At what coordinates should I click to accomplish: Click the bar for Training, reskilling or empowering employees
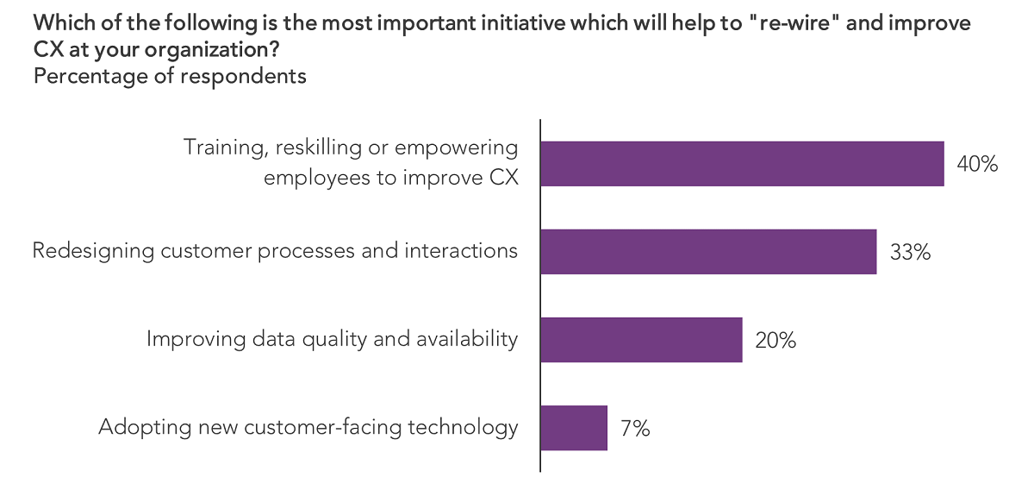(742, 164)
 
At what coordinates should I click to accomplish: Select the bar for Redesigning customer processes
(708, 252)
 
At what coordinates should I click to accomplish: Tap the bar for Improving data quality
(641, 340)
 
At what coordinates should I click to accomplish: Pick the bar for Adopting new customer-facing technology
(574, 428)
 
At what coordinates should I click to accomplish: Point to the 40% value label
(977, 164)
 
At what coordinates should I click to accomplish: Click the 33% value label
(910, 252)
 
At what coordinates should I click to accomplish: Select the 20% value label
(775, 340)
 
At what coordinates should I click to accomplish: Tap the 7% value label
(635, 428)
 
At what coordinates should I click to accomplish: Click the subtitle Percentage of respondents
(170, 76)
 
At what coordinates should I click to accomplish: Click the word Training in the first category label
(223, 148)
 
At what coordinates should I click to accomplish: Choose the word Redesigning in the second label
(94, 251)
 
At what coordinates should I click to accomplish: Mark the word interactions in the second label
(462, 251)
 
